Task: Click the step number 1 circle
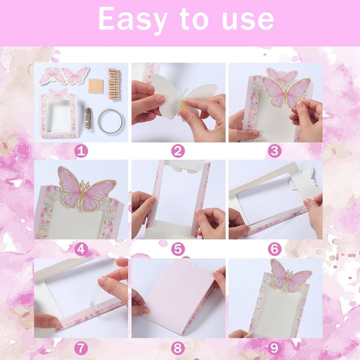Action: [x=81, y=151]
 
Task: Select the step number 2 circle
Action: [x=178, y=151]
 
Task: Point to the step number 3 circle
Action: [x=275, y=151]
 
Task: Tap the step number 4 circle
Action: [x=81, y=248]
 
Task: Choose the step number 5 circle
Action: [x=178, y=248]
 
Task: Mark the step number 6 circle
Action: [x=275, y=248]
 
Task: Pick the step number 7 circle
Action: [x=81, y=347]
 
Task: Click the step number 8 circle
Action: [x=178, y=347]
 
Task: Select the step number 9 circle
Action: [x=275, y=347]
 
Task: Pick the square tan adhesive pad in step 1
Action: [x=96, y=85]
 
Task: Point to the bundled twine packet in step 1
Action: [x=89, y=118]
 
